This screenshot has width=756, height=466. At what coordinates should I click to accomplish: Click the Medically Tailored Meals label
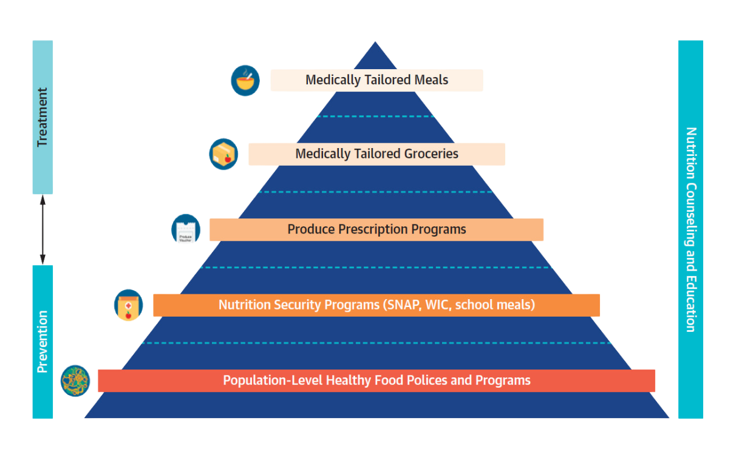click(376, 80)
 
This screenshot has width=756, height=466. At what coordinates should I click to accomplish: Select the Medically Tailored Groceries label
click(376, 154)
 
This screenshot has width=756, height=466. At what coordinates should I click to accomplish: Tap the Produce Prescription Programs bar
click(376, 230)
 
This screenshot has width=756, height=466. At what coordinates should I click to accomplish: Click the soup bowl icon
click(245, 81)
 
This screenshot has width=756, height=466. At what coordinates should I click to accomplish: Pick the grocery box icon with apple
click(223, 154)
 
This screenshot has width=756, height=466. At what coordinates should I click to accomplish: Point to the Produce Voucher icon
click(186, 229)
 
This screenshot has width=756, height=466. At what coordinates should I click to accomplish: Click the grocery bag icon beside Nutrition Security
click(129, 305)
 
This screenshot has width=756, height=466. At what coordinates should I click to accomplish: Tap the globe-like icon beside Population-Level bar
click(75, 381)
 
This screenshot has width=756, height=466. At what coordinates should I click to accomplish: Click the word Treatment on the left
click(43, 117)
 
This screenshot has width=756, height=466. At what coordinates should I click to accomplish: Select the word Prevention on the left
click(43, 342)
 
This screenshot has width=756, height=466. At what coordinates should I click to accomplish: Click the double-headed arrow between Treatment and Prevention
click(43, 230)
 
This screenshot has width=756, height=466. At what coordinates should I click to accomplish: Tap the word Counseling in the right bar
click(691, 224)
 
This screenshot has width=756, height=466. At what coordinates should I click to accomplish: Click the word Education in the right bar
click(691, 303)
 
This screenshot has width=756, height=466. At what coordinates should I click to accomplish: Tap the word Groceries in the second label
click(431, 154)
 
